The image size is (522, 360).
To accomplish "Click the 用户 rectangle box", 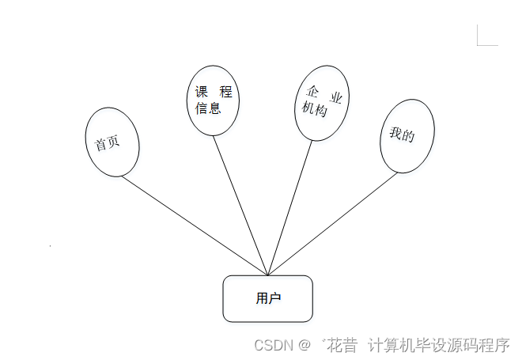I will [267, 298].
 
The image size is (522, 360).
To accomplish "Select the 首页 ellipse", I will [112, 143].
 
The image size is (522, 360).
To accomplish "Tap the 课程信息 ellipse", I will [213, 100].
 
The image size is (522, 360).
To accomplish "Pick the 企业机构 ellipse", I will [321, 102].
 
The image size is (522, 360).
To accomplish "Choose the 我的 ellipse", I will [407, 136].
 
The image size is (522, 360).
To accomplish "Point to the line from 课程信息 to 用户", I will [241, 206].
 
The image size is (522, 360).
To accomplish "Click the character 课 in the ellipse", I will [202, 93].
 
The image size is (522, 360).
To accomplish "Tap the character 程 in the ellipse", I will [225, 93].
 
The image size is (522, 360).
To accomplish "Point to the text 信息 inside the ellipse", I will [209, 108].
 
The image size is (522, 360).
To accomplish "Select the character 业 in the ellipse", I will [336, 98].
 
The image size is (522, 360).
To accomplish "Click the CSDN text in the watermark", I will [273, 346].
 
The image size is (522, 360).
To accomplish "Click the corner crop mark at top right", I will [486, 36].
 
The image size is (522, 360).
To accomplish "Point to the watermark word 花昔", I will [342, 346].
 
